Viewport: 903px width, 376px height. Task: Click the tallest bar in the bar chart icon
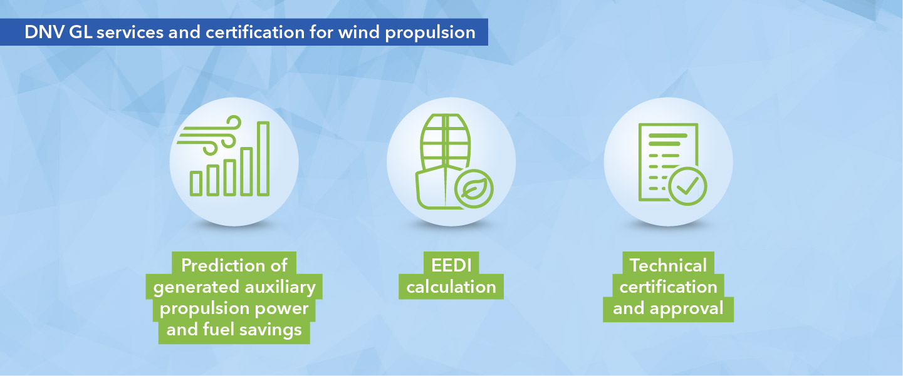pyautogui.click(x=263, y=158)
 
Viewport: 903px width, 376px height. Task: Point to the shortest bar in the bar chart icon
pyautogui.click(x=196, y=183)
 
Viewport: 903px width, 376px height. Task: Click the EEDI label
pyautogui.click(x=451, y=265)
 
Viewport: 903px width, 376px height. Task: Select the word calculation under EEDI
pyautogui.click(x=451, y=287)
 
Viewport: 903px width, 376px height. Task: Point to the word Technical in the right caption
pyautogui.click(x=668, y=265)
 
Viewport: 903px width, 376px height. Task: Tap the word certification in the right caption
pyautogui.click(x=668, y=287)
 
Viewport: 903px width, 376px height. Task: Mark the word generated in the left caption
pyautogui.click(x=190, y=287)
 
